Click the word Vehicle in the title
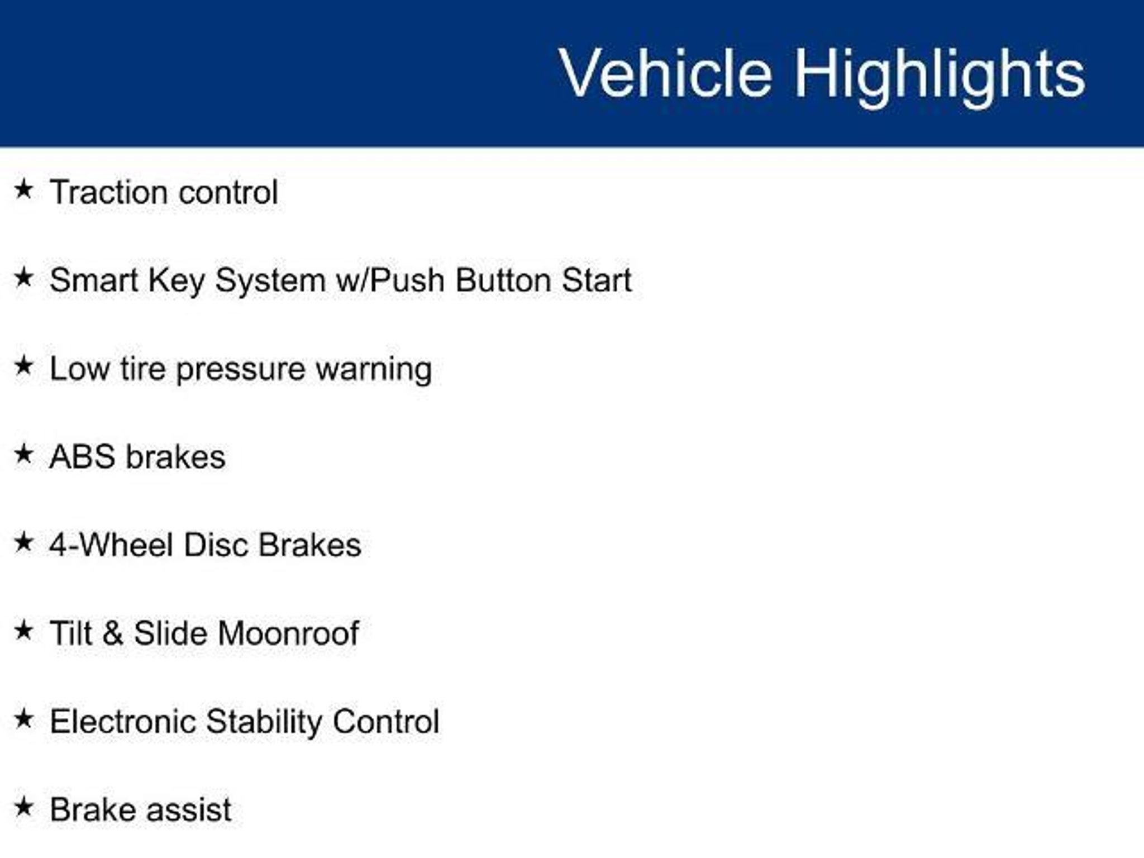(x=665, y=73)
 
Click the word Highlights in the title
(x=940, y=76)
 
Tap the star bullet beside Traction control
(x=23, y=189)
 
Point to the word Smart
(x=93, y=280)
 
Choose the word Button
(x=503, y=280)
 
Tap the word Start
(x=597, y=280)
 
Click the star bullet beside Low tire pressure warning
(x=23, y=366)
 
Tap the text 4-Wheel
(x=111, y=545)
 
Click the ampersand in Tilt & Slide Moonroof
(x=113, y=633)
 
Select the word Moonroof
(x=288, y=633)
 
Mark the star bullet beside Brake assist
(x=23, y=807)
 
